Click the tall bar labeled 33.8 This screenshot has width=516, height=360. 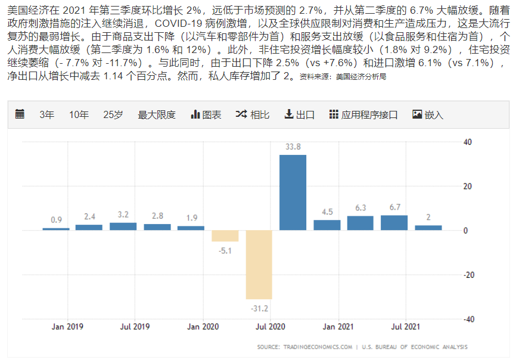293,193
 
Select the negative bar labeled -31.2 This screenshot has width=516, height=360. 259,265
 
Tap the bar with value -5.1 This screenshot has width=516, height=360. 225,236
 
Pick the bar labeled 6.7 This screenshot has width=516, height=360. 394,223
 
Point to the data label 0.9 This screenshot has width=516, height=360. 56,220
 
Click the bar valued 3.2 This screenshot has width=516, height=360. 123,226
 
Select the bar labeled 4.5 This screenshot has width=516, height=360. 327,225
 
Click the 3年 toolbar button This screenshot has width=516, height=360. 46,114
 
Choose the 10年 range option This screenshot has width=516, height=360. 79,114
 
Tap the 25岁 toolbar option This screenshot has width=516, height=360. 113,114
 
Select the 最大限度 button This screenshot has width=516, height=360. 157,114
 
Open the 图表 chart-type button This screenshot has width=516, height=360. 206,114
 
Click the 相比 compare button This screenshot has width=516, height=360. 253,114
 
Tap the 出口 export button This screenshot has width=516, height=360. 300,114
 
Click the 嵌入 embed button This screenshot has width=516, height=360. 428,114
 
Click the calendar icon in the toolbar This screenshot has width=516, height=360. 20,114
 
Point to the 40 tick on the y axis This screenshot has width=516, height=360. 467,142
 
